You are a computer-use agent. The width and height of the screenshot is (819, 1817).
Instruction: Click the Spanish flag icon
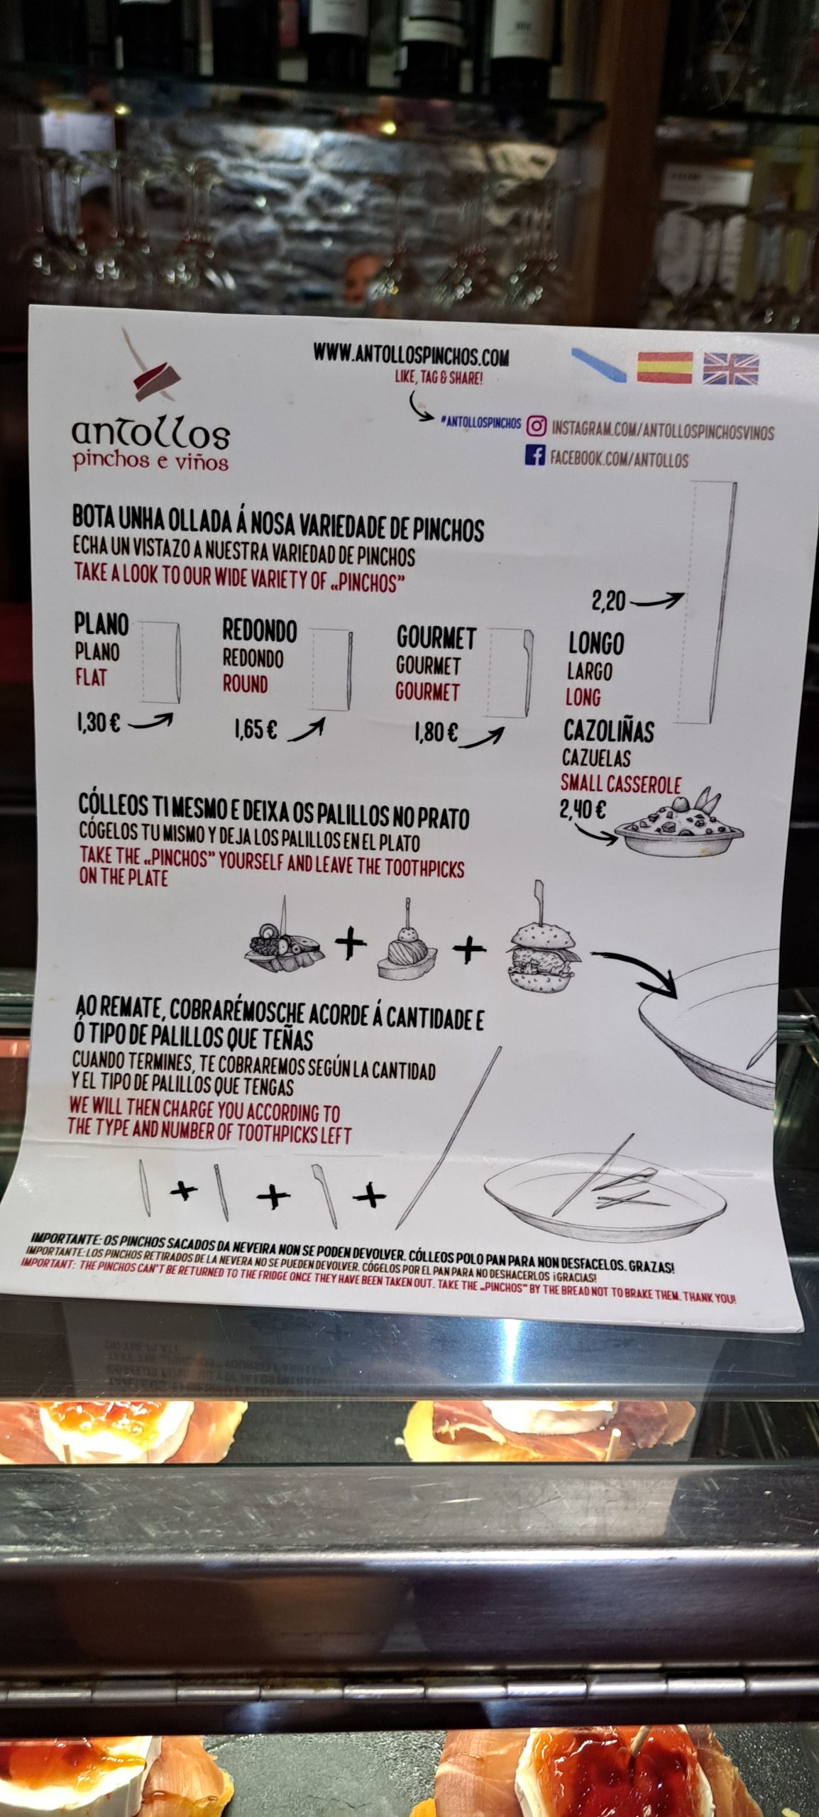[664, 368]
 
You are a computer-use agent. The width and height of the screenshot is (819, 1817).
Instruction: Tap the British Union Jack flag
[730, 369]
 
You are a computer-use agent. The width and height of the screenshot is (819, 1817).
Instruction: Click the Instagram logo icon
[536, 426]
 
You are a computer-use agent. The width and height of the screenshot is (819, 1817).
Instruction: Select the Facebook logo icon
[534, 455]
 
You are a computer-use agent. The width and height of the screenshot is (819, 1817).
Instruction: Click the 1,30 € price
[99, 723]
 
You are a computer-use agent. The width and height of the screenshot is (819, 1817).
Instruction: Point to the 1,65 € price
[255, 730]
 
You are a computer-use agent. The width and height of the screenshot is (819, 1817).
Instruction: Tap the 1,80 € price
[436, 732]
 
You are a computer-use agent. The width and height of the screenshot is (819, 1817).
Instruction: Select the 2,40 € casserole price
[583, 810]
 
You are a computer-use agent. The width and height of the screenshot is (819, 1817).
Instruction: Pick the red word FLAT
[91, 678]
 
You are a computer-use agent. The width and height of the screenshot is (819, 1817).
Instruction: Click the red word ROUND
[245, 684]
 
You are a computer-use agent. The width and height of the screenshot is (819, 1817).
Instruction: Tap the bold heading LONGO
[596, 644]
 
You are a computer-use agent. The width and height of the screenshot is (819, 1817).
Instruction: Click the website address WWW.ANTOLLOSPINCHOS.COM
[411, 356]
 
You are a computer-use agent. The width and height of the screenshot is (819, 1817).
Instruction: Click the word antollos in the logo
[150, 432]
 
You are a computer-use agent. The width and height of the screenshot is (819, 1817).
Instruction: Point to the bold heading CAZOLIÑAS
[609, 731]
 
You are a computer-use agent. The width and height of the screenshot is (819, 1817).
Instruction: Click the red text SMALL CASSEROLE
[621, 784]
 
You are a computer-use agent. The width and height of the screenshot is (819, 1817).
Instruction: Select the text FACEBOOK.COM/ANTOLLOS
[620, 460]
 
